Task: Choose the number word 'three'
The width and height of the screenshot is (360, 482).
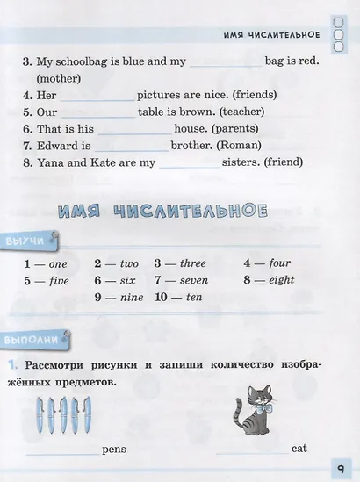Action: [192, 263]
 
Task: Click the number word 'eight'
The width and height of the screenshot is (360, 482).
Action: [282, 280]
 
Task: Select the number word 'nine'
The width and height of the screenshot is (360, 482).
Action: [130, 297]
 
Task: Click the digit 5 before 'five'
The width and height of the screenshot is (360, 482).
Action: [28, 281]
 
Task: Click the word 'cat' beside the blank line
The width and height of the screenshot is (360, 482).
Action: [299, 448]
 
